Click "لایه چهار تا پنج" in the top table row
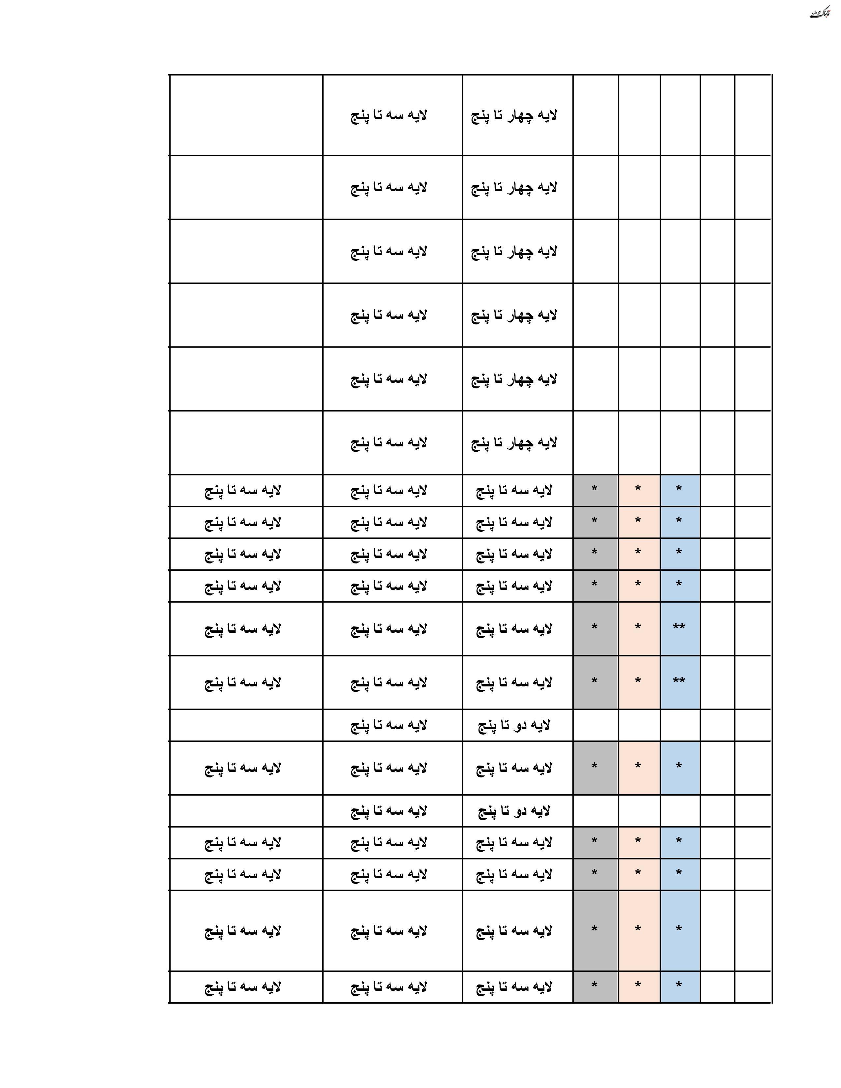click(514, 116)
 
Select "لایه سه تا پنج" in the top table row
click(389, 116)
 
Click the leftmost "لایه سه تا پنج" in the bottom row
click(243, 987)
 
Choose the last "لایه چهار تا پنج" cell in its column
click(514, 442)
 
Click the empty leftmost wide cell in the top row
click(246, 116)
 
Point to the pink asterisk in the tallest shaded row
click(638, 930)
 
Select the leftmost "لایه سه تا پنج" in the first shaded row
click(243, 491)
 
